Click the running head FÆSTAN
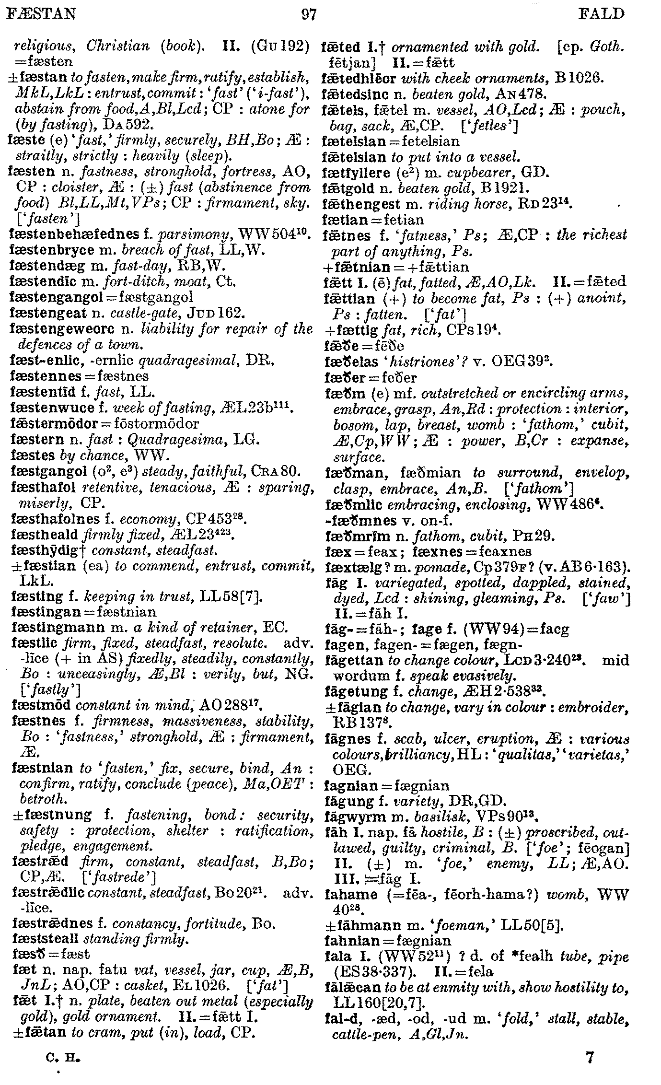pyautogui.click(x=41, y=14)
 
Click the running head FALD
pyautogui.click(x=602, y=14)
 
